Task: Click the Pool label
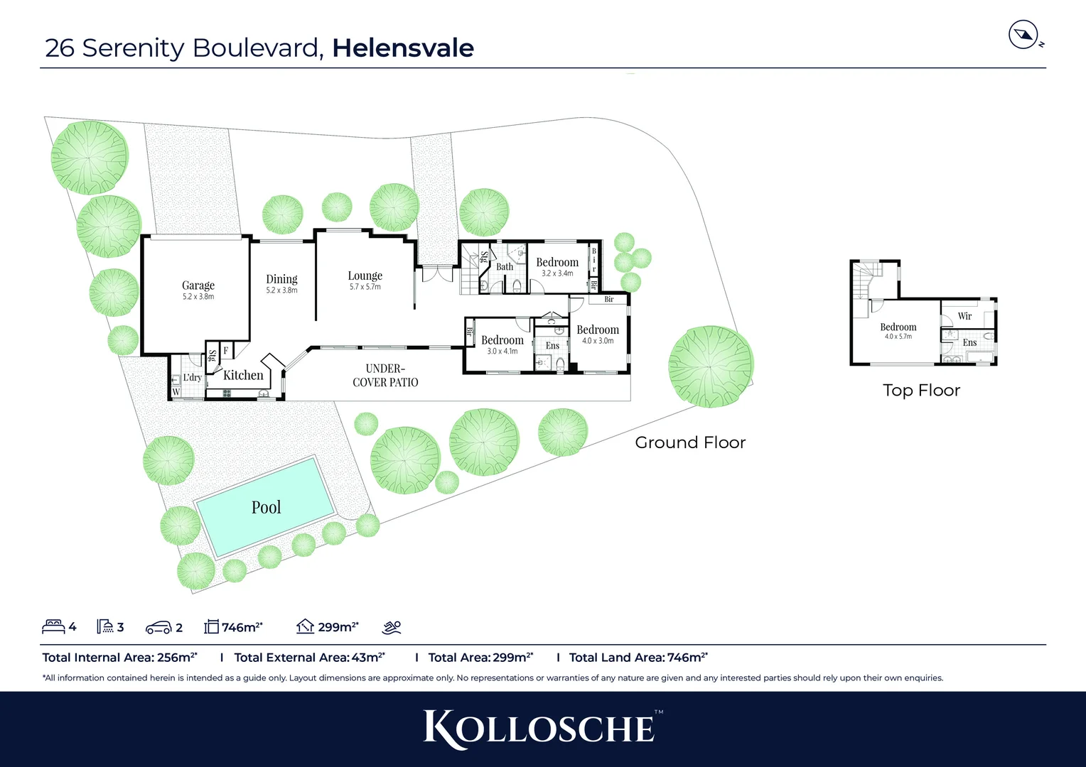[267, 507]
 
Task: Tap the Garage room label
[198, 285]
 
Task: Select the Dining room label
[281, 279]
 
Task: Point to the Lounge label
[365, 276]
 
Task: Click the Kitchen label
[243, 375]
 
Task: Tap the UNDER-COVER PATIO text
[385, 375]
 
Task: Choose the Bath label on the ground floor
[505, 267]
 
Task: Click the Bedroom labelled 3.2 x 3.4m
[557, 263]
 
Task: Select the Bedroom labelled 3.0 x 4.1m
[502, 340]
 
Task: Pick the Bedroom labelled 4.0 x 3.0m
[598, 330]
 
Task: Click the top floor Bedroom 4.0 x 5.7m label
[898, 327]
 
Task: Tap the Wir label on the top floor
[964, 316]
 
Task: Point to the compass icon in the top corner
[1023, 35]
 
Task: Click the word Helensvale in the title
[403, 48]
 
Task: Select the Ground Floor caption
[690, 442]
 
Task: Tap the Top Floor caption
[921, 391]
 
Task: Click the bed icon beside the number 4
[53, 626]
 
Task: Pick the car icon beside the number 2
[158, 627]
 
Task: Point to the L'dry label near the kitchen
[192, 378]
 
